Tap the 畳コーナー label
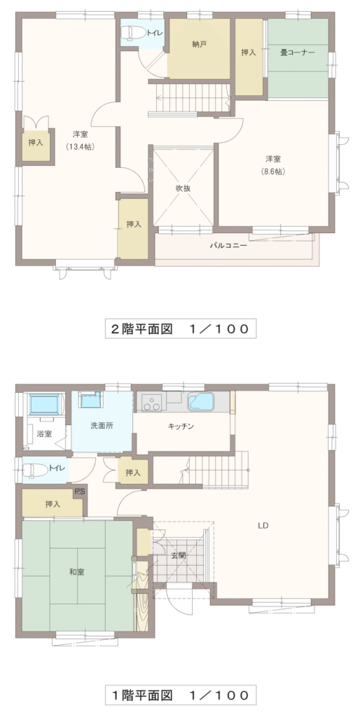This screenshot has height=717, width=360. point(298,53)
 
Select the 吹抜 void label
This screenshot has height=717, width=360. point(184,188)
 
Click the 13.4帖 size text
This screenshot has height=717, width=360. point(80,147)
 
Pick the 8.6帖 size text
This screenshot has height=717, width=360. point(273,172)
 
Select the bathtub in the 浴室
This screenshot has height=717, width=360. point(44,404)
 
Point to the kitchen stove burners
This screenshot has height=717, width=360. point(151,403)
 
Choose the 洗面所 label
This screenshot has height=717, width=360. point(102,425)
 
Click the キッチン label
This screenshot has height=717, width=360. point(181,426)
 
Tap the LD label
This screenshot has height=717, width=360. point(263,526)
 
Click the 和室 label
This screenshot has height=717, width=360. point(76,572)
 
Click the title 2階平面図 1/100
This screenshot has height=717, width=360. point(181,328)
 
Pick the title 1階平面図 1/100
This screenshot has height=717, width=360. point(181,695)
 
